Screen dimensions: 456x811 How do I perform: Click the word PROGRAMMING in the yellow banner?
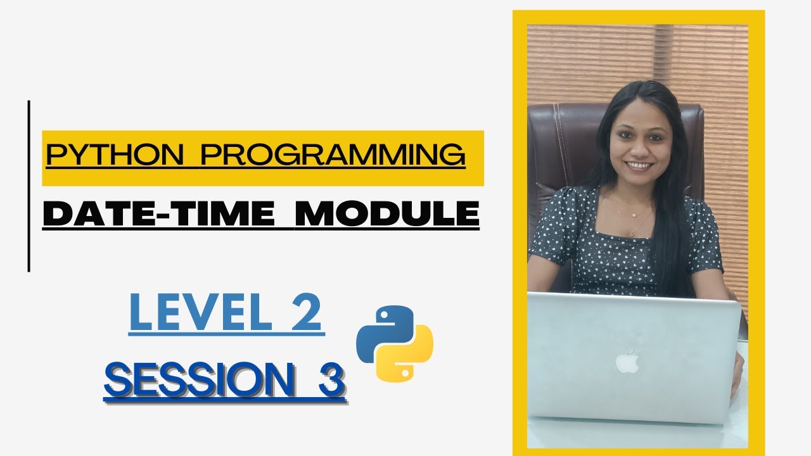pyautogui.click(x=333, y=156)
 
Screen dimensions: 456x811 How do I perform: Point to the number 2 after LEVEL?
pyautogui.click(x=307, y=315)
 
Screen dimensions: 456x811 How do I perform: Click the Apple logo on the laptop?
pyautogui.click(x=627, y=362)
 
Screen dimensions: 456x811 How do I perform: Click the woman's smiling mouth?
pyautogui.click(x=639, y=166)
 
